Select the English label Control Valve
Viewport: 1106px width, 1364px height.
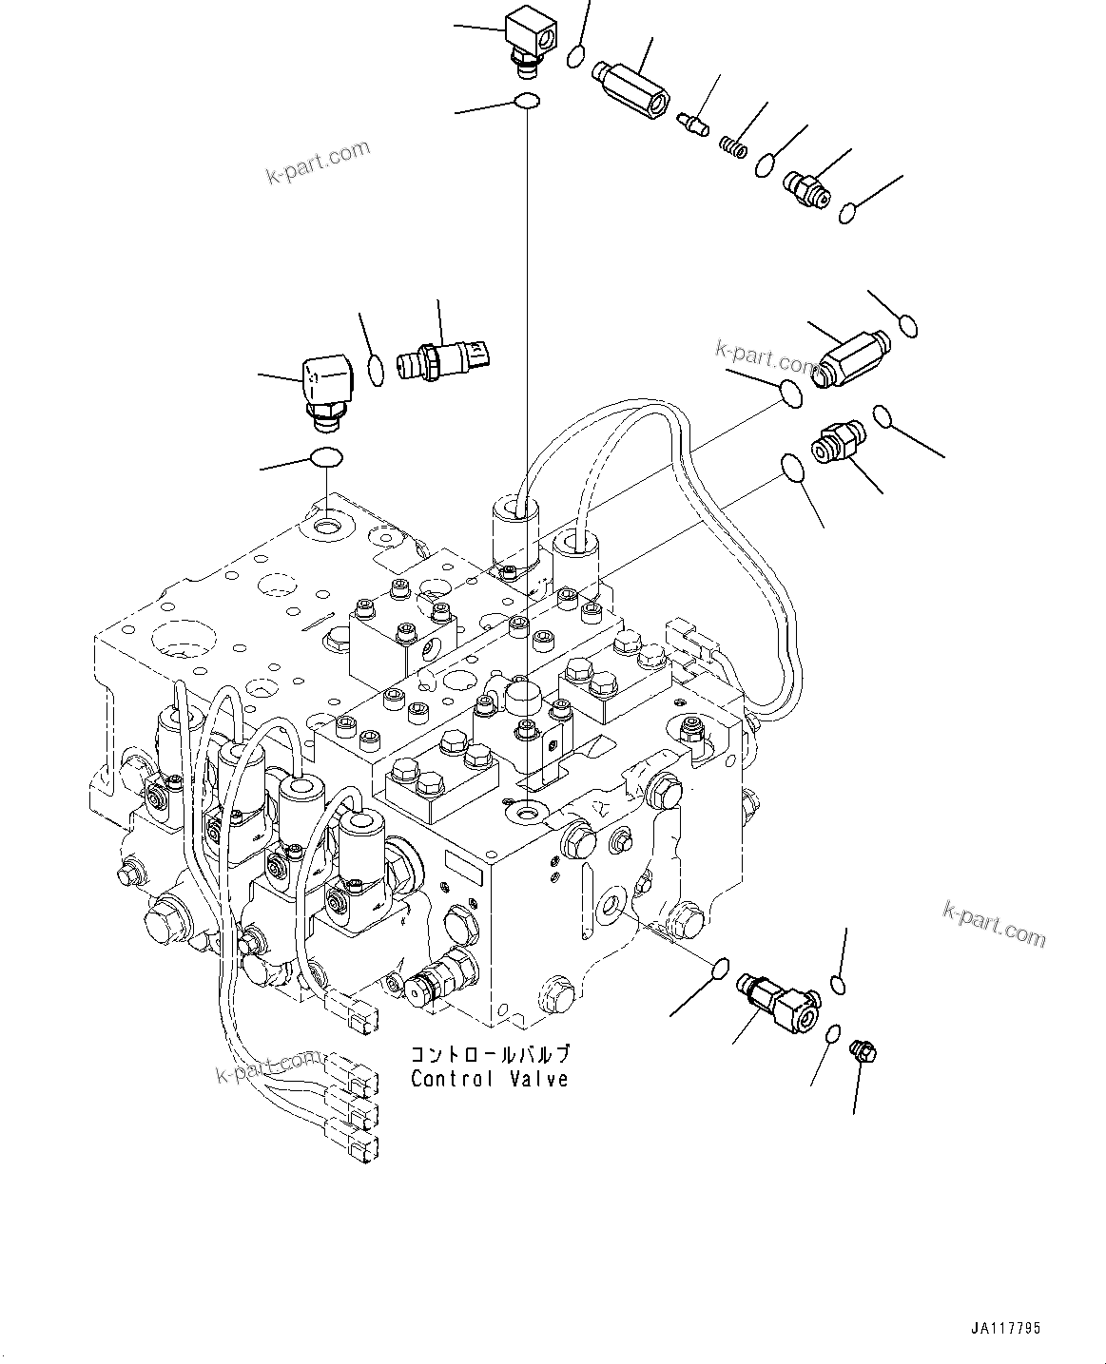tap(489, 1079)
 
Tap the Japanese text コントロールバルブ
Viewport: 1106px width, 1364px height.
tap(490, 1055)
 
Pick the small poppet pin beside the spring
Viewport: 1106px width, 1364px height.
tap(694, 122)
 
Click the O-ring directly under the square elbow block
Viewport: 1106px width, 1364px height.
tap(526, 101)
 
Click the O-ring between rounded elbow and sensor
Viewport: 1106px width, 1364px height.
tap(377, 371)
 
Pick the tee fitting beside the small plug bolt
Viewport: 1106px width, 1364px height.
tap(777, 1005)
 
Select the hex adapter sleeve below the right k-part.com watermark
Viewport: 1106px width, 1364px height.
tap(850, 355)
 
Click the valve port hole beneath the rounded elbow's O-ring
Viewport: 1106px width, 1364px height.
tap(326, 524)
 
